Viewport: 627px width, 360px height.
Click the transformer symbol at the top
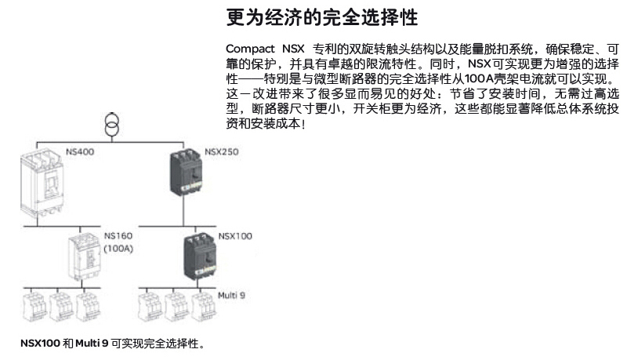[111, 125]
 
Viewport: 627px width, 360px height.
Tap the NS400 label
[80, 152]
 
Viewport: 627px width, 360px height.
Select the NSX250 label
[222, 152]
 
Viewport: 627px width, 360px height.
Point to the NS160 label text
[118, 236]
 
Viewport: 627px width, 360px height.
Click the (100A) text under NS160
[118, 249]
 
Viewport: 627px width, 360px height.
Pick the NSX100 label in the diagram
[235, 236]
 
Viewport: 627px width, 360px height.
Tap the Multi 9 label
[231, 296]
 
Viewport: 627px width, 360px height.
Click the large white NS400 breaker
[42, 182]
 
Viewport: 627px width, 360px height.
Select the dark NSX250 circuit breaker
[186, 172]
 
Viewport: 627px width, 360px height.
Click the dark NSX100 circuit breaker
[200, 256]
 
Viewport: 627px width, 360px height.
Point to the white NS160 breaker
[85, 256]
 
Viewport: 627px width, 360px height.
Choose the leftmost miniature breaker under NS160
[34, 307]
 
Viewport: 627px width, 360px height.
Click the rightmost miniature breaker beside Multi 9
[204, 307]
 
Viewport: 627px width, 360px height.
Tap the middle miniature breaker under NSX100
[176, 307]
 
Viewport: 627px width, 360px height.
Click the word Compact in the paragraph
[250, 49]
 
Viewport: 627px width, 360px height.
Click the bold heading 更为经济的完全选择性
[322, 17]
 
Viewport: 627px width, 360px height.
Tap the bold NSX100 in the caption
[40, 344]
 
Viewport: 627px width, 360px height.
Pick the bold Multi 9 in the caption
[92, 344]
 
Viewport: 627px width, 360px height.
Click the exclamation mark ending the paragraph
[303, 124]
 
